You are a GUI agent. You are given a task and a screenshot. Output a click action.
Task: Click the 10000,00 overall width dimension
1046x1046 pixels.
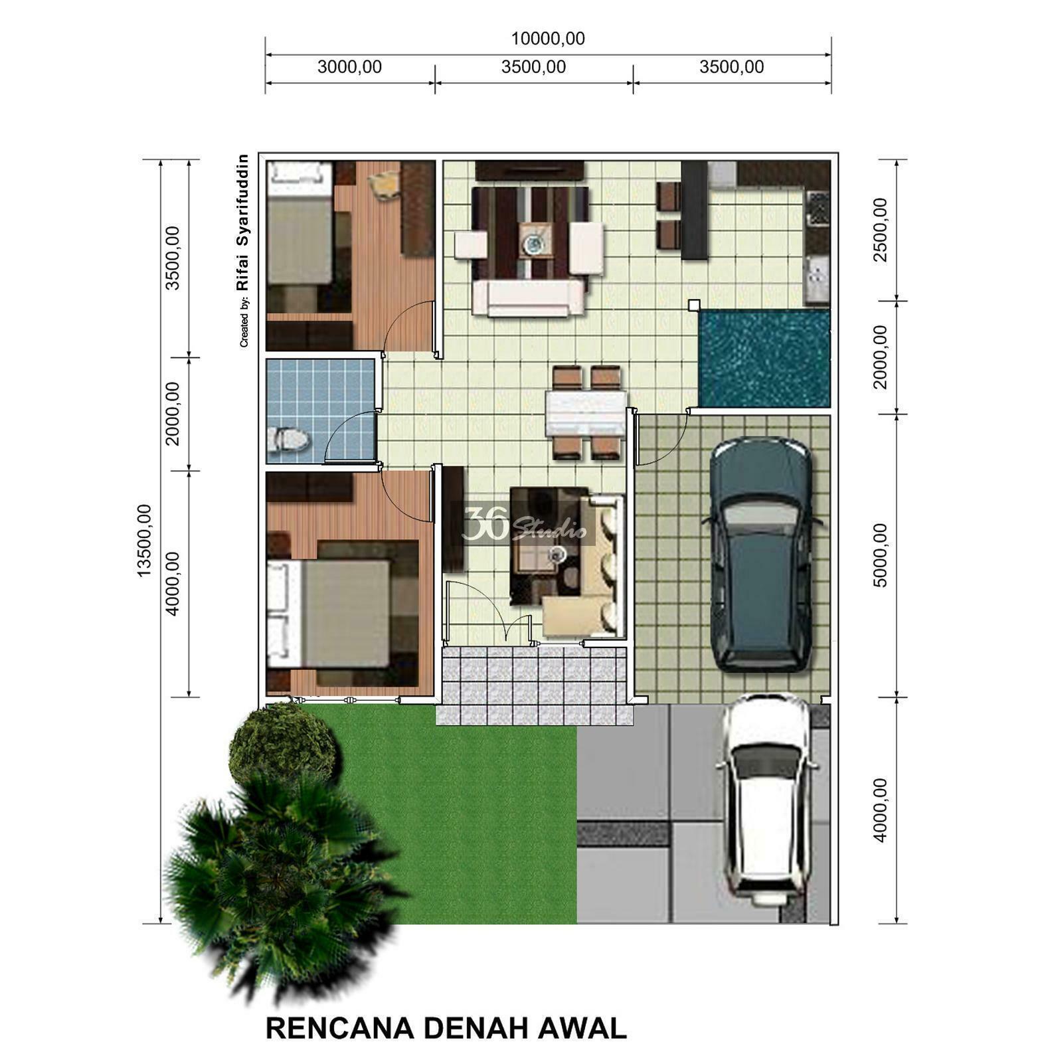(548, 39)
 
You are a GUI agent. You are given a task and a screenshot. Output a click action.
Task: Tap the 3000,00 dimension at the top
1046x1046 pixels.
(349, 67)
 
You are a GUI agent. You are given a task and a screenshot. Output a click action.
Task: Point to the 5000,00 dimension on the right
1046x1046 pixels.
(880, 555)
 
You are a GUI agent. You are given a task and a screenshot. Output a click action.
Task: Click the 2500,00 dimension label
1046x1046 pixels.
(880, 230)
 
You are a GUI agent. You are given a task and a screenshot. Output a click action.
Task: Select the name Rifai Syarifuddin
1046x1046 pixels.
(242, 222)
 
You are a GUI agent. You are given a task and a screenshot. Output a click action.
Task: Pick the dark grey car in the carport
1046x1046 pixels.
(761, 555)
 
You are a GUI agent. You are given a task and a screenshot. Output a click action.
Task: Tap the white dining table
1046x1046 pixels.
(586, 413)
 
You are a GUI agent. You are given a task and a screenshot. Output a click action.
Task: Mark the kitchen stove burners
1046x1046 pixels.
(818, 208)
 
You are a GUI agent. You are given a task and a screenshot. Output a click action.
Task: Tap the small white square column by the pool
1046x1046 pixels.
(694, 305)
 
